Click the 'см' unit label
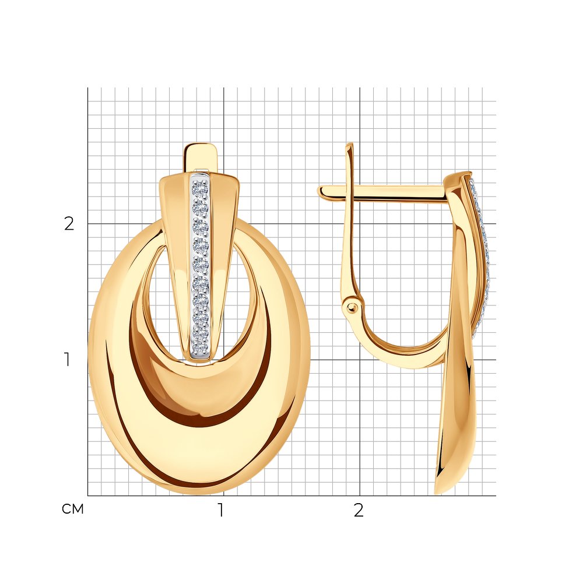72,509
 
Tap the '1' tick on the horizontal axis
221,510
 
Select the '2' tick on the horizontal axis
359,510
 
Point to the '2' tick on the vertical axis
69,223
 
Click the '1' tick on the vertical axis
67,360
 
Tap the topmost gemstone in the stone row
200,188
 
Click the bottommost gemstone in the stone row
199,348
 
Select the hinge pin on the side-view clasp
352,307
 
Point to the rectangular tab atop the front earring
201,158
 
